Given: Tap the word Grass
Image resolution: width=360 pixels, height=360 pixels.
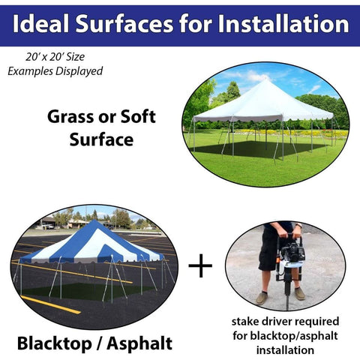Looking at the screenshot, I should coord(72,117).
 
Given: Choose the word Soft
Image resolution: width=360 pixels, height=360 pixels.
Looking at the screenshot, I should coord(135,117).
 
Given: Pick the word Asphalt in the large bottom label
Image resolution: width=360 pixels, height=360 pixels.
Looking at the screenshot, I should coord(139,344).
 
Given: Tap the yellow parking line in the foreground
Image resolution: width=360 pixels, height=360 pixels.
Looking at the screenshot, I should coord(52,304).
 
